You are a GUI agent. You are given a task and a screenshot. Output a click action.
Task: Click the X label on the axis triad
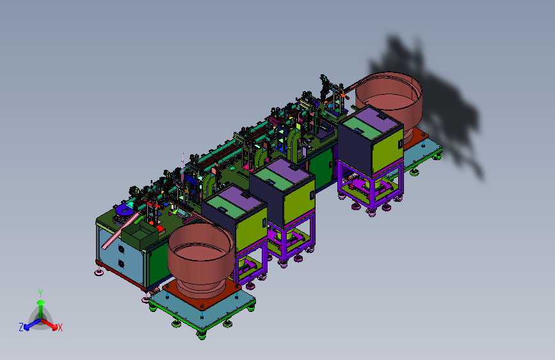60,328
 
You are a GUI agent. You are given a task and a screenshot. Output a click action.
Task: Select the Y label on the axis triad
40,293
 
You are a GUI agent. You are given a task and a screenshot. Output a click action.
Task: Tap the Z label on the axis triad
21,327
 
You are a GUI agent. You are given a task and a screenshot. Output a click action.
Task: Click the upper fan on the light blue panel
121,249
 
